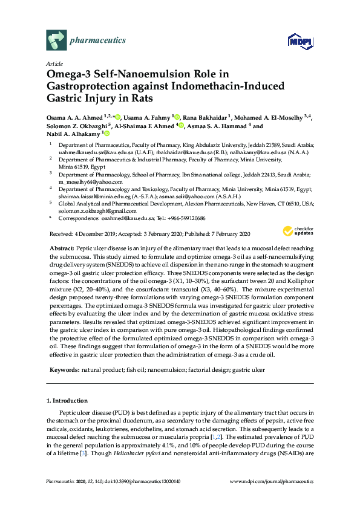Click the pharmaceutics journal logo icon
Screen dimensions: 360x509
pos(56,41)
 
